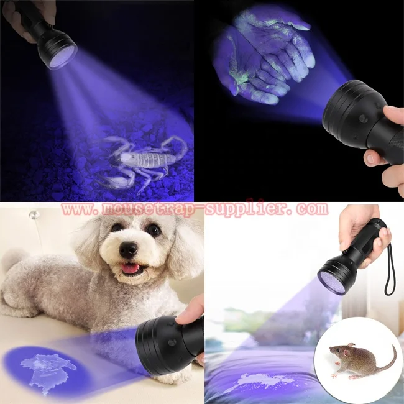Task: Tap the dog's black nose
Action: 128,249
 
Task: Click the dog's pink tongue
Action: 130,269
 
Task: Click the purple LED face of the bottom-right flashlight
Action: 330,276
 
